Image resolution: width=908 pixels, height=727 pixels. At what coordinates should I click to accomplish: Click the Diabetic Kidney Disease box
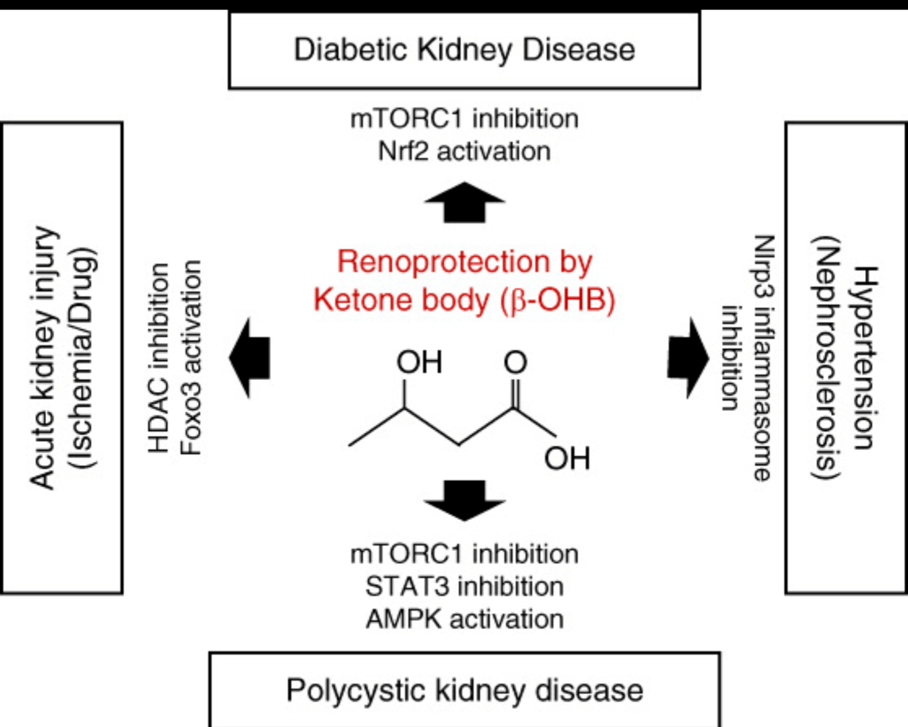pos(464,50)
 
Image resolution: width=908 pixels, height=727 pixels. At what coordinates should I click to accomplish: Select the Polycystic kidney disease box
pos(464,690)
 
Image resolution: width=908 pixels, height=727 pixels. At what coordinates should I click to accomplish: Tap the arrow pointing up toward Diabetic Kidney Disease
pos(464,203)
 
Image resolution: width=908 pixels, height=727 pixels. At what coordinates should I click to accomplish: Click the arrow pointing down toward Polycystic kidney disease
pos(464,500)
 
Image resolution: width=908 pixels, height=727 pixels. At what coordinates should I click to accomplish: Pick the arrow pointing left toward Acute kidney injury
pos(250,358)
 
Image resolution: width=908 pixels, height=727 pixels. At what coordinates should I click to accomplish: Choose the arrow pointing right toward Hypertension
pos(688,358)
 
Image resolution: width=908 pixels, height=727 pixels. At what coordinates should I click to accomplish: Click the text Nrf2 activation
pos(464,151)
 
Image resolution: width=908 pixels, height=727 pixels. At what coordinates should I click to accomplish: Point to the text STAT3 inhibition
pos(464,586)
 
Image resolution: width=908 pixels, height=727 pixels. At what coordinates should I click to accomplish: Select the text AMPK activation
pos(464,619)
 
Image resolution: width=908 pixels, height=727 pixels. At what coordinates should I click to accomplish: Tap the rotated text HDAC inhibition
pos(158,358)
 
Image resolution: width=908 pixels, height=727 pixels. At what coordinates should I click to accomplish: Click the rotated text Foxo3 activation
pos(191,358)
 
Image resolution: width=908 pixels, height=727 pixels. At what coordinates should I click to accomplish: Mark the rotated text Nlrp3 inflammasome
pos(764,358)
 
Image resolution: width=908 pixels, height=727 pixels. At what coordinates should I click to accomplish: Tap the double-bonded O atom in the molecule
pos(515,362)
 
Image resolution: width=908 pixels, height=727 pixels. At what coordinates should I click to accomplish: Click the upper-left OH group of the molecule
pos(419,362)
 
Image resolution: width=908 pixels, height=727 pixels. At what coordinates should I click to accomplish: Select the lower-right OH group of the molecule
pos(567,459)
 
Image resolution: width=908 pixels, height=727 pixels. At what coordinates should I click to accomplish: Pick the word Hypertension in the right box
pos(865,358)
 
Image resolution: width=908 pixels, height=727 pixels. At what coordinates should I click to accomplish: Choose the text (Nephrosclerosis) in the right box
pos(827,358)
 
